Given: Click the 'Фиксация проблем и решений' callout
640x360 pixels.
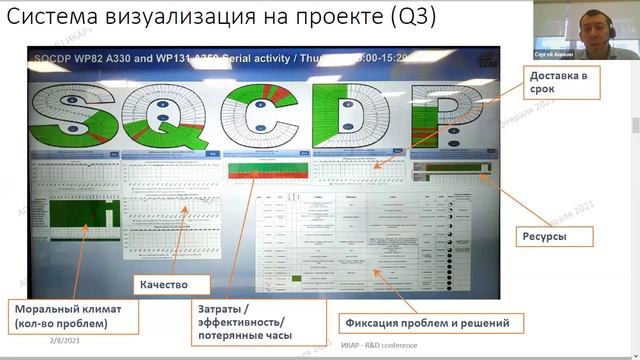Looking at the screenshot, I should tap(433, 323).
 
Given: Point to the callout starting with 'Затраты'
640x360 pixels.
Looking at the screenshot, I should tap(257, 321).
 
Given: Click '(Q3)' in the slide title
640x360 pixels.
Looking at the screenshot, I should tap(409, 19).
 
